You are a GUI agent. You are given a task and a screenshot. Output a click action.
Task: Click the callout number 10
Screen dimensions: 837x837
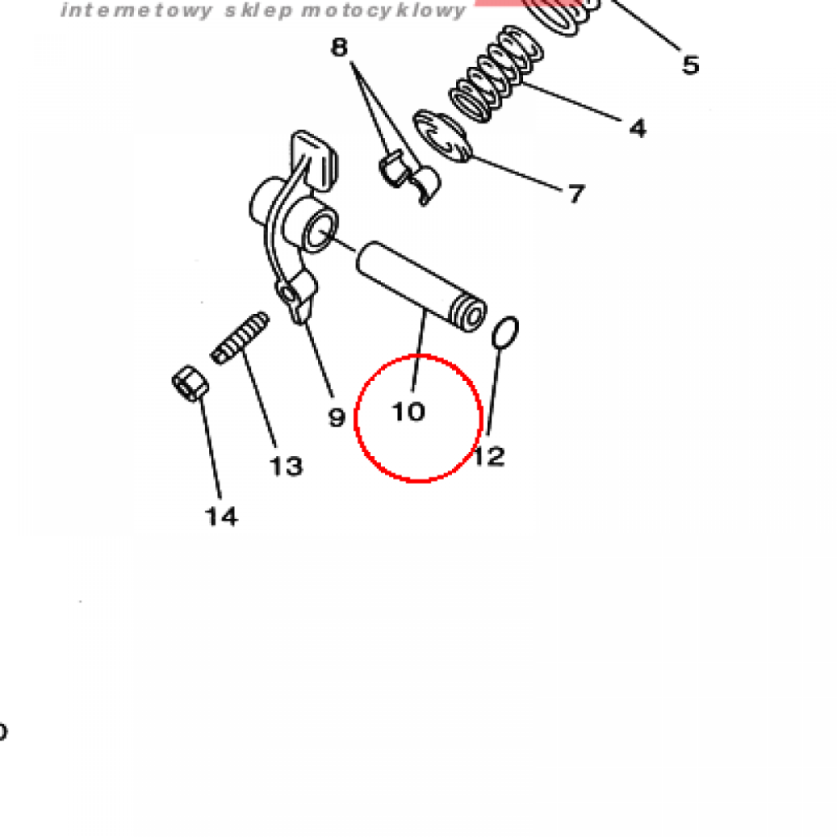coord(409,412)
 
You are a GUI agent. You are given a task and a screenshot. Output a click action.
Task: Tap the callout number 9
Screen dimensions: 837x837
coord(337,418)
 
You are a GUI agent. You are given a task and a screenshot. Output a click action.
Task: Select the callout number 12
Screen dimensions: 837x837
coord(489,457)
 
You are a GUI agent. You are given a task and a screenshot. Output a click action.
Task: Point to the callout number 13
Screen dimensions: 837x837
coord(286,466)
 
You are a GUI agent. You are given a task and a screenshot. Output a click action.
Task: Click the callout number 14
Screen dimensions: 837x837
coord(222,517)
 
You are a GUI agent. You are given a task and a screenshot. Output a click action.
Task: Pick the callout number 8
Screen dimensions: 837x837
coord(339,47)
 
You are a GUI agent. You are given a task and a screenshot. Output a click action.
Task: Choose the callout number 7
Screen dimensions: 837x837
coord(576,193)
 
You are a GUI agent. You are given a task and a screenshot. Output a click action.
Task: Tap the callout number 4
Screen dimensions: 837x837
coord(638,128)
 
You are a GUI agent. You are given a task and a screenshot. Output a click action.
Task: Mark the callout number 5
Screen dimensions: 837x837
coord(691,65)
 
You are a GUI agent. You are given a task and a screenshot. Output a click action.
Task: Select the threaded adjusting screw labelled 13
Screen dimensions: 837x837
coord(240,338)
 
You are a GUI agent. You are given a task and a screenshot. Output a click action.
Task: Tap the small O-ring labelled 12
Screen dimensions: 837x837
coord(504,333)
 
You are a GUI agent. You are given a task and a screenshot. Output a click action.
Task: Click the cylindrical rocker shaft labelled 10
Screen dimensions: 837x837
coord(421,286)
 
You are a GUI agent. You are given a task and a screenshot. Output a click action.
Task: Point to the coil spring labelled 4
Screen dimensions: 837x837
coord(496,74)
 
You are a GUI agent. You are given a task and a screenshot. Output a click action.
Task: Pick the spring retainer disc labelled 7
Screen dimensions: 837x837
coord(442,137)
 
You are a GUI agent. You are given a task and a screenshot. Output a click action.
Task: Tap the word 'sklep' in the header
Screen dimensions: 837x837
coord(259,11)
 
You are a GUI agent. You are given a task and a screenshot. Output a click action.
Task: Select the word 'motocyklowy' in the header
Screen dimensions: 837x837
coord(383,11)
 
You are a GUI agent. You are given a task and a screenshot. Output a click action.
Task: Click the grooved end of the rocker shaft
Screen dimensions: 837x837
coord(469,314)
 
